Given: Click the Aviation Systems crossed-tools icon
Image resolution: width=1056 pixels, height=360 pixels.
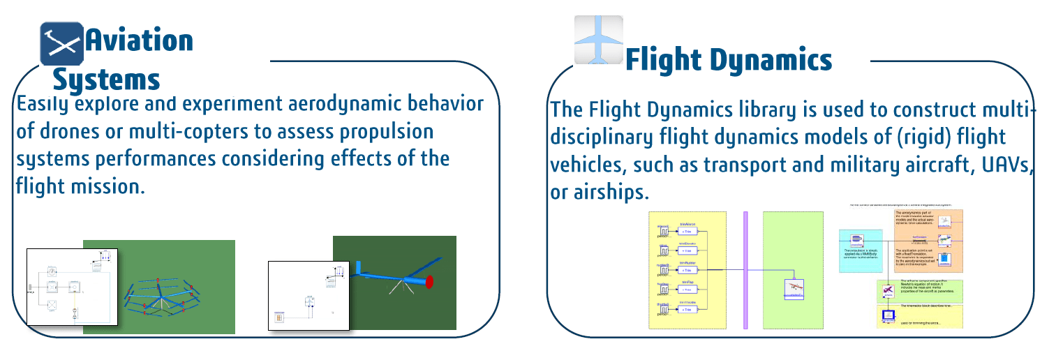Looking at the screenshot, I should (61, 43).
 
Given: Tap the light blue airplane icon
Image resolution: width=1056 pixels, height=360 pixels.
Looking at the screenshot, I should (598, 40).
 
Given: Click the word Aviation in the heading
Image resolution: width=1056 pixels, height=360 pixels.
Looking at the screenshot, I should (139, 40).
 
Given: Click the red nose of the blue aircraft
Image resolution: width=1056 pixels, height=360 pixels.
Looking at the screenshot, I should (429, 281).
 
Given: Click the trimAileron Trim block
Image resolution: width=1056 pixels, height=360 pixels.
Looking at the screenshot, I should (687, 232).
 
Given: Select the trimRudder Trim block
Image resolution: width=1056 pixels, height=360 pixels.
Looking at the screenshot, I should (687, 270).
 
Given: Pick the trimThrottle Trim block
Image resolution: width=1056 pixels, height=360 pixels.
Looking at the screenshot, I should (687, 308).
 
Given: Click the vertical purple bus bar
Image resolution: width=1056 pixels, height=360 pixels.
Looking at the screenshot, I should (745, 269).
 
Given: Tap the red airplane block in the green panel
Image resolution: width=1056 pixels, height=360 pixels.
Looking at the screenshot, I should (794, 287).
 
